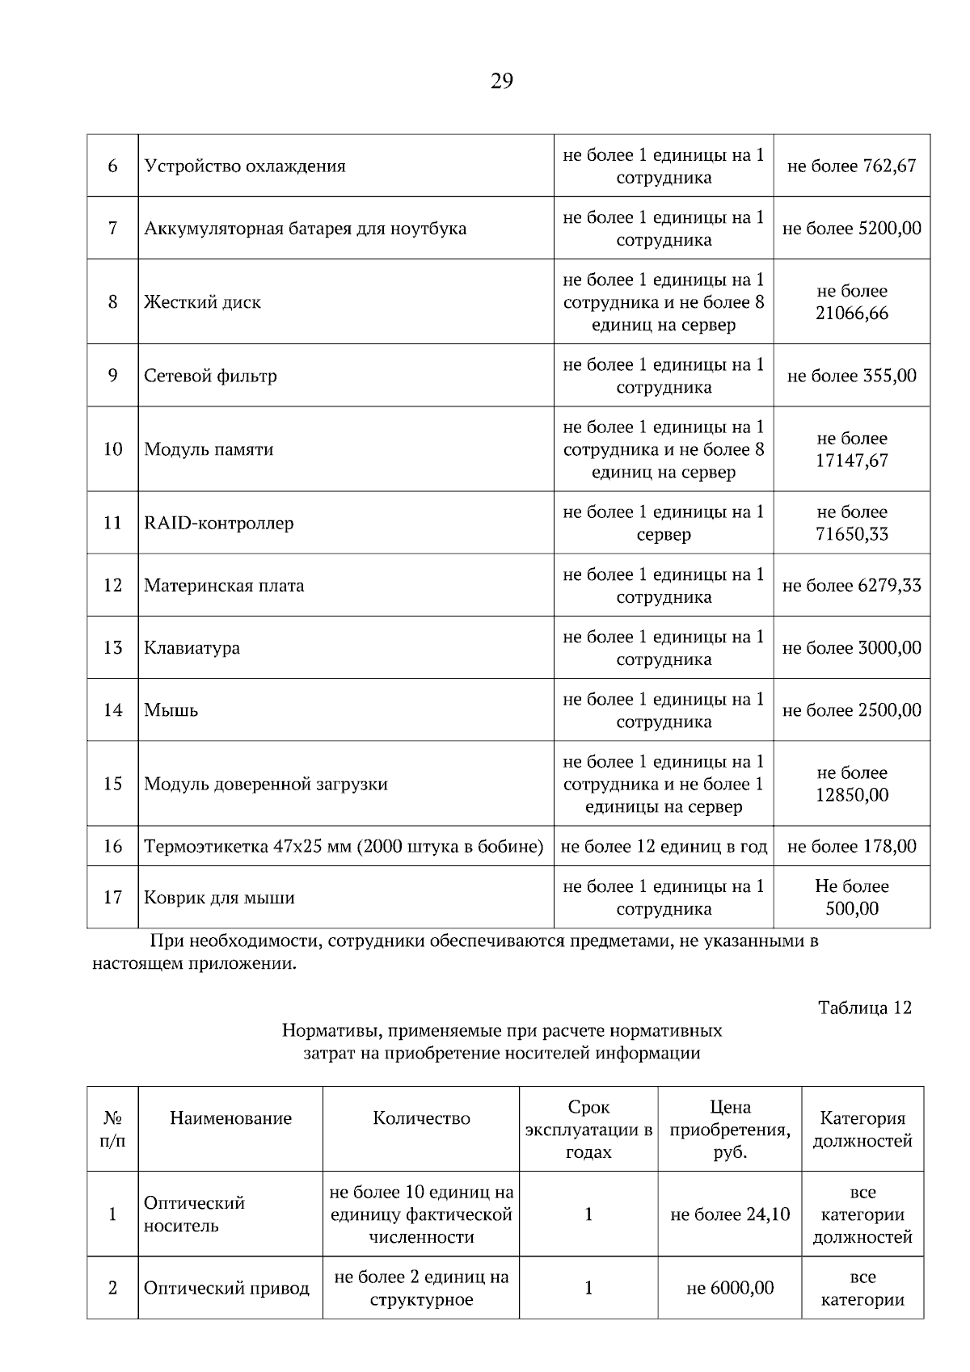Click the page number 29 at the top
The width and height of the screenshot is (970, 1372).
(x=501, y=81)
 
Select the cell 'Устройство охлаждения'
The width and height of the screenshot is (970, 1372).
(x=245, y=166)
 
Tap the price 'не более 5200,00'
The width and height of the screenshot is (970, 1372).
(x=851, y=228)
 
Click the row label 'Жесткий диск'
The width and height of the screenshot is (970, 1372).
(x=202, y=302)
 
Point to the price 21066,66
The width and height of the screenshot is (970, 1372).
(x=851, y=314)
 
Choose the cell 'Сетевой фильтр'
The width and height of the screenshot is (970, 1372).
(x=210, y=376)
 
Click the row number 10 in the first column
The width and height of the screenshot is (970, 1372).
(x=112, y=449)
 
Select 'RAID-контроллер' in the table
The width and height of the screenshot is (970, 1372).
(x=219, y=523)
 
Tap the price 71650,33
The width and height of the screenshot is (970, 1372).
(x=851, y=534)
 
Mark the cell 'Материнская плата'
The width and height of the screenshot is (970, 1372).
(x=224, y=585)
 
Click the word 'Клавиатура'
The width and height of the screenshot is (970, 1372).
(x=192, y=648)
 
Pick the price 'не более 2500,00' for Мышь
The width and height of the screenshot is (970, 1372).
(x=851, y=710)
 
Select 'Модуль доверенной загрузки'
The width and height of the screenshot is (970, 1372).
(x=266, y=784)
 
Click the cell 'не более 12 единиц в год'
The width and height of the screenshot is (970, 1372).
(x=663, y=846)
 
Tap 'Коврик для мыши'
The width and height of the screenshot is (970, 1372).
(x=219, y=898)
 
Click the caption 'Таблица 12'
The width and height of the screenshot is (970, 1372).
(x=864, y=1008)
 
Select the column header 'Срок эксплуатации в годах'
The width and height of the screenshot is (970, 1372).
(x=588, y=1129)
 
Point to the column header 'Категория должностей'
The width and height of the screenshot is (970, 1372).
(x=862, y=1129)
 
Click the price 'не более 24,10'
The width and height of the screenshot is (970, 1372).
(x=730, y=1214)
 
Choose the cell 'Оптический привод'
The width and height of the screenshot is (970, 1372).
(x=226, y=1288)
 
